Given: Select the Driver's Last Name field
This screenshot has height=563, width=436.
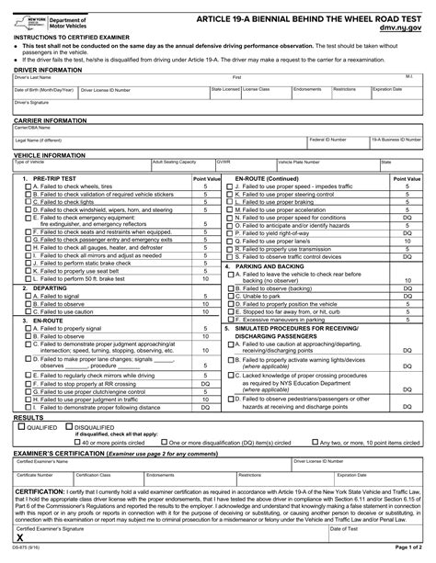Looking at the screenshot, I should pos(120,81).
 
